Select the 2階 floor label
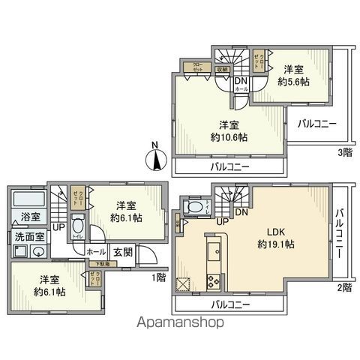pos(343,287)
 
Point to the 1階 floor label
pos(160,277)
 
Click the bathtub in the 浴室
pos(30,202)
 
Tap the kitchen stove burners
pos(211,283)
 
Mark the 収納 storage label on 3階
pos(223,69)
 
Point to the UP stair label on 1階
pos(58,226)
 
